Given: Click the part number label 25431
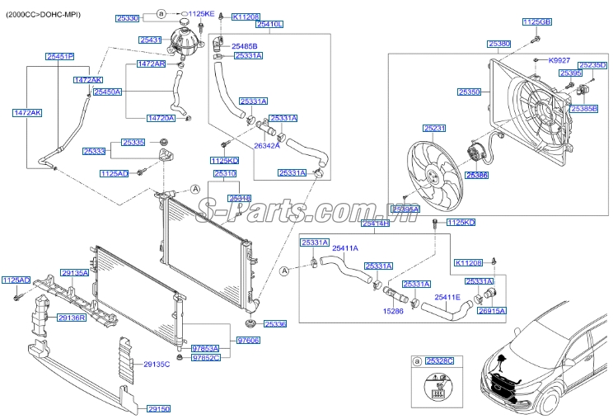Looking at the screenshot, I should point(151,40).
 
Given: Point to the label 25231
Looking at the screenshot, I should point(434,128).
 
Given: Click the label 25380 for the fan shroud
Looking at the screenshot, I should point(498,43).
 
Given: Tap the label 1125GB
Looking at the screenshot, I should point(536,21).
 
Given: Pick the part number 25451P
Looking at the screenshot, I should point(59,56).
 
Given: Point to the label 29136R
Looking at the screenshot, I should point(72,318).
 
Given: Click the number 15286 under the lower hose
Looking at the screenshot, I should point(393,312).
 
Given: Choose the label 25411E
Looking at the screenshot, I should point(447,297).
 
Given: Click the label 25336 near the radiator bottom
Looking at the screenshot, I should point(274,325).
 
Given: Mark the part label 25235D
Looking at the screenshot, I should point(592,64).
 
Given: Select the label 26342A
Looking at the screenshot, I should point(266,145).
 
